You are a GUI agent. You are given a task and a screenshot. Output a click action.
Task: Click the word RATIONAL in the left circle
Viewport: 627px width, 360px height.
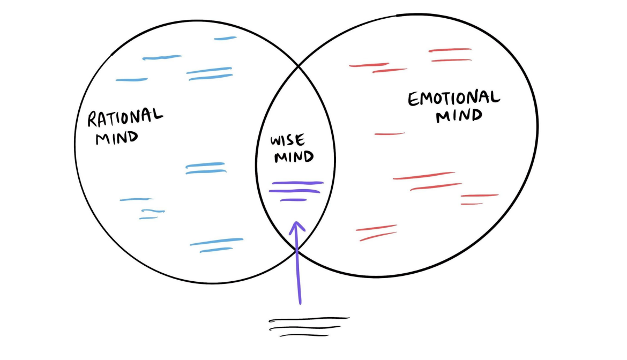(125, 118)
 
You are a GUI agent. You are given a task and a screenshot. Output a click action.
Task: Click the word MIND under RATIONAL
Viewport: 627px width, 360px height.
(116, 137)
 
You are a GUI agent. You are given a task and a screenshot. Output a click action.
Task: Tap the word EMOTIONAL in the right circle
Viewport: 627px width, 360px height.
(454, 100)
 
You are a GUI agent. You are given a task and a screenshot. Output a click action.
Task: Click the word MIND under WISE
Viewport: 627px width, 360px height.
(294, 157)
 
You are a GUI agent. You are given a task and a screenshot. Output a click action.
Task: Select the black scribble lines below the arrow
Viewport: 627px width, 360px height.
(308, 327)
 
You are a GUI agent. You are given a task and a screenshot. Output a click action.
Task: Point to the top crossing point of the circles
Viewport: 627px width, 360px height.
(298, 67)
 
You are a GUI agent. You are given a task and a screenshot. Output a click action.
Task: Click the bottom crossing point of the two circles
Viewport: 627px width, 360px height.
(295, 249)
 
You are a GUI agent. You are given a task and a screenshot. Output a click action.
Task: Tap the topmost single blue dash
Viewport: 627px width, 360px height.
(225, 39)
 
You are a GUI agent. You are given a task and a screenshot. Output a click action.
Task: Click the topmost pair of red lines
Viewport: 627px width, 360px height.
(450, 55)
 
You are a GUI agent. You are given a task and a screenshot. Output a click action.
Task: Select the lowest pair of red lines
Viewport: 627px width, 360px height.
(377, 232)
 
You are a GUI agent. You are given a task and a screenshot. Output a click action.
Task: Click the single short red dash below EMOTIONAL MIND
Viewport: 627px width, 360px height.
(390, 133)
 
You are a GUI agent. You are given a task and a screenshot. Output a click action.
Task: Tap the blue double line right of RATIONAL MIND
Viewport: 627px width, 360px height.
(206, 168)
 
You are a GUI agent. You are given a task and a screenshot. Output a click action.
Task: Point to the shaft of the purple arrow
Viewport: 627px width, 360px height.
(298, 268)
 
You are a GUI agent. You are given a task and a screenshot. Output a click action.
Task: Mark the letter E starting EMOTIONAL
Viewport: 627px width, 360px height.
(414, 101)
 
